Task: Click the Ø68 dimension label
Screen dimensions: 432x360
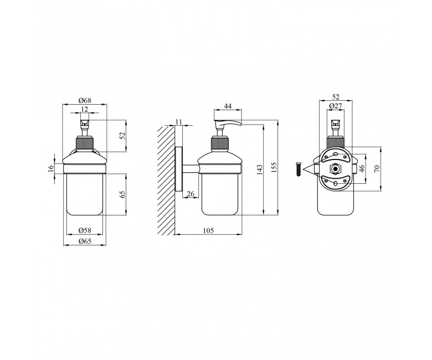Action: click(85, 100)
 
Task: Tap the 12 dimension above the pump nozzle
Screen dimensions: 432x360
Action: click(85, 109)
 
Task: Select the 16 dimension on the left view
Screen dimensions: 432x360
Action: click(50, 168)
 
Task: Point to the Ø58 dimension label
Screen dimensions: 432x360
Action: click(85, 230)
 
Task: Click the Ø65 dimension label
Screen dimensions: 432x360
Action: click(85, 241)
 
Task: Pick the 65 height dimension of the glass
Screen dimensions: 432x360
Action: click(123, 194)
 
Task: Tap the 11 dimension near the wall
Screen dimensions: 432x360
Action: click(179, 122)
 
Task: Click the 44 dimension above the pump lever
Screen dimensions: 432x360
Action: click(228, 106)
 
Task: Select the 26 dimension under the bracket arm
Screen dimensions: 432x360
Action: click(191, 194)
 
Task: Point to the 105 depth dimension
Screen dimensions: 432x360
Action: click(208, 230)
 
